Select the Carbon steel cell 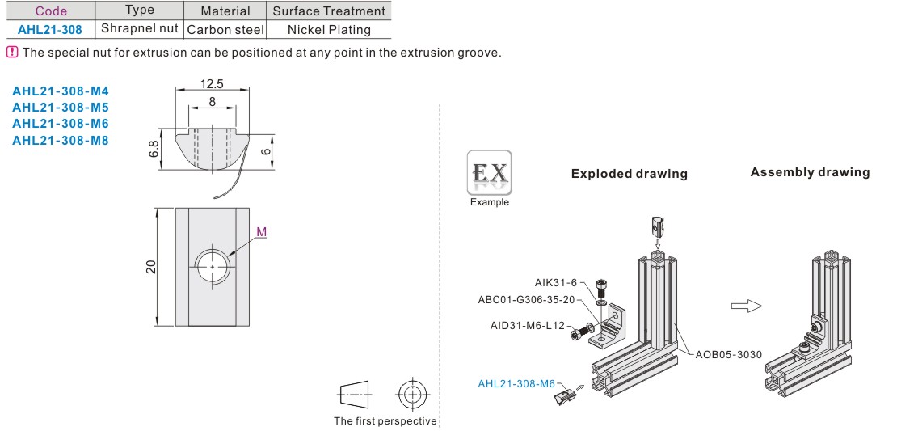click(x=225, y=29)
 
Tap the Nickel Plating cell click(x=329, y=29)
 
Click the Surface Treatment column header click(x=329, y=11)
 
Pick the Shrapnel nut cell click(x=140, y=28)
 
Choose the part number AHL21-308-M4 click(x=60, y=90)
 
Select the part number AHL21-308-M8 click(x=60, y=141)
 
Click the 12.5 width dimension click(x=212, y=83)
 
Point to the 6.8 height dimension click(x=154, y=149)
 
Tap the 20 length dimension click(x=151, y=267)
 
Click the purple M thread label click(x=261, y=232)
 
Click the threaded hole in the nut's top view click(x=212, y=266)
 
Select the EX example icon click(x=489, y=172)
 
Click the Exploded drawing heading click(x=629, y=174)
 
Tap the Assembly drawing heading click(x=810, y=172)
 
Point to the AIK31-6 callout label click(x=555, y=282)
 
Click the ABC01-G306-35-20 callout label click(x=526, y=299)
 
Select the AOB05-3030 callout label click(x=729, y=354)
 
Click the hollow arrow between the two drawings click(x=746, y=306)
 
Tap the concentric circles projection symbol click(x=412, y=395)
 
